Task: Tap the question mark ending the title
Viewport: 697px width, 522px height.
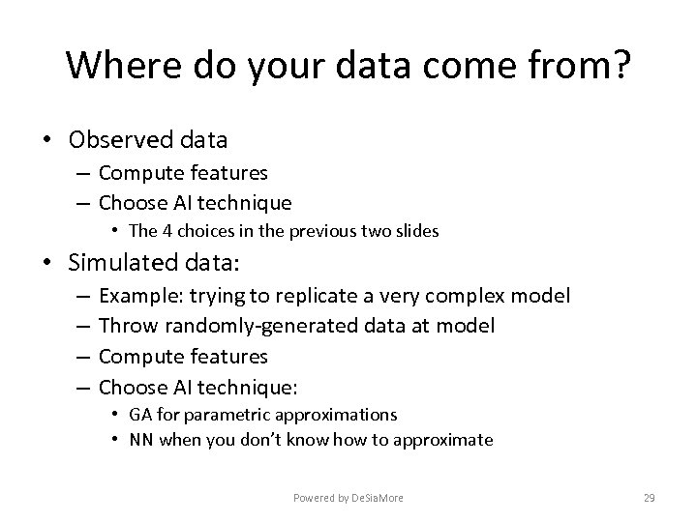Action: click(620, 66)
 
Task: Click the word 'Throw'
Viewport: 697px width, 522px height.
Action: click(126, 327)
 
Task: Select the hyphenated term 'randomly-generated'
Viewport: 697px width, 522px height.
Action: click(253, 327)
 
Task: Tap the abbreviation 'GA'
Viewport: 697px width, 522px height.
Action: click(139, 415)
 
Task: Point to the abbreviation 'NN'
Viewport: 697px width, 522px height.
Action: click(140, 441)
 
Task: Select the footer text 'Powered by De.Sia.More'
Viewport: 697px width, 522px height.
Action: click(348, 498)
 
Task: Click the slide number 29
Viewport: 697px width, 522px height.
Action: click(649, 498)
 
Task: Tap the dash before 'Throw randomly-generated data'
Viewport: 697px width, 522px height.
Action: click(80, 327)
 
